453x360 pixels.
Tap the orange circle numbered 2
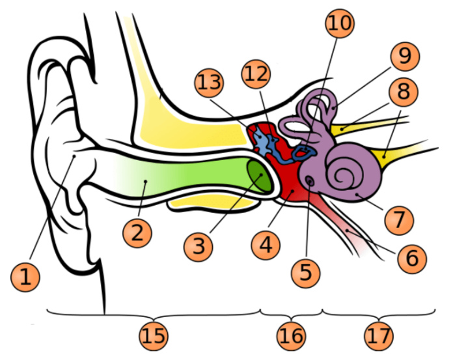click(x=137, y=233)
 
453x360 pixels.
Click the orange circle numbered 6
click(x=411, y=259)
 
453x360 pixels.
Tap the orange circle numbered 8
click(x=403, y=92)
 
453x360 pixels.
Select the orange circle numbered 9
click(x=405, y=57)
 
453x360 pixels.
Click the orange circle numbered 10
click(x=340, y=24)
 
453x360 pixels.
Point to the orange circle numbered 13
click(x=209, y=83)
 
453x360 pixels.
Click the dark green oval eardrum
click(x=259, y=174)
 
